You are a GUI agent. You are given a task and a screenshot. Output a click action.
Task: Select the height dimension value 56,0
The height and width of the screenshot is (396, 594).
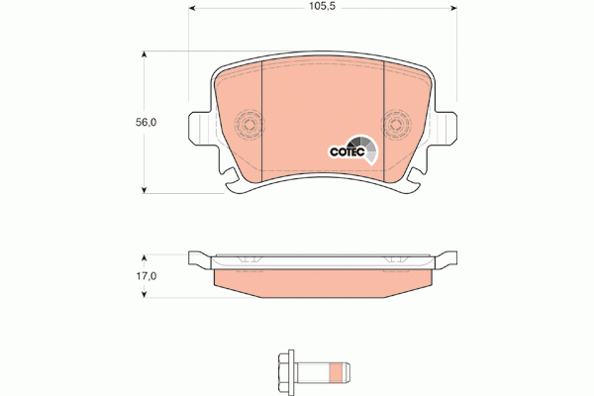click(x=146, y=123)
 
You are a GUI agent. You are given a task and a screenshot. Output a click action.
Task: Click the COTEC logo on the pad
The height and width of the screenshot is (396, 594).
click(x=350, y=149)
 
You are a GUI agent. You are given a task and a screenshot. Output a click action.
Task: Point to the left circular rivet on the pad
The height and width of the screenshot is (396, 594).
click(x=249, y=125)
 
